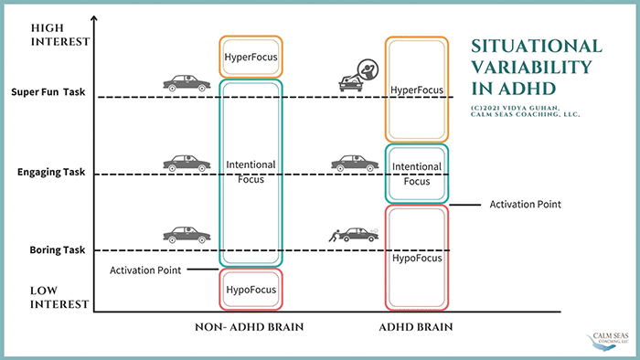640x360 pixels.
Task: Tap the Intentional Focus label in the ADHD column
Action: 416,174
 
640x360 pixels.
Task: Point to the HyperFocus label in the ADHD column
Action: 416,90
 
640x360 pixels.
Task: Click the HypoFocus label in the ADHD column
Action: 417,258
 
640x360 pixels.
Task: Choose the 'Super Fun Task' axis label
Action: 48,92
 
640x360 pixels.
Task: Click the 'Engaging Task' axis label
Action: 51,172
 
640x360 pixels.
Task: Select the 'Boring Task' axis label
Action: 57,250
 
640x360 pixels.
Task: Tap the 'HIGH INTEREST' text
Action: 60,35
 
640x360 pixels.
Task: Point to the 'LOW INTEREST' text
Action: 59,298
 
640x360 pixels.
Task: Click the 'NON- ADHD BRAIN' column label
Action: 249,327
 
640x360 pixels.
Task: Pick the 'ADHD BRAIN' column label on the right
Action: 416,327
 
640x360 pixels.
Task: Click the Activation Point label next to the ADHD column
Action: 526,205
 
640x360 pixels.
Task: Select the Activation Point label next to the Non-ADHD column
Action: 145,270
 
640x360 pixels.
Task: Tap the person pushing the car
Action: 335,236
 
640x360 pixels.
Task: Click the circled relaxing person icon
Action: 368,69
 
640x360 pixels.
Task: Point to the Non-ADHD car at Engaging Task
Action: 187,163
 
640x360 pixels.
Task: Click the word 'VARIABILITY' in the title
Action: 532,68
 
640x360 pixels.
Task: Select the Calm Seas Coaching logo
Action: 608,342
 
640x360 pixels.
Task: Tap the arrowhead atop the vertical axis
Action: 94,18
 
